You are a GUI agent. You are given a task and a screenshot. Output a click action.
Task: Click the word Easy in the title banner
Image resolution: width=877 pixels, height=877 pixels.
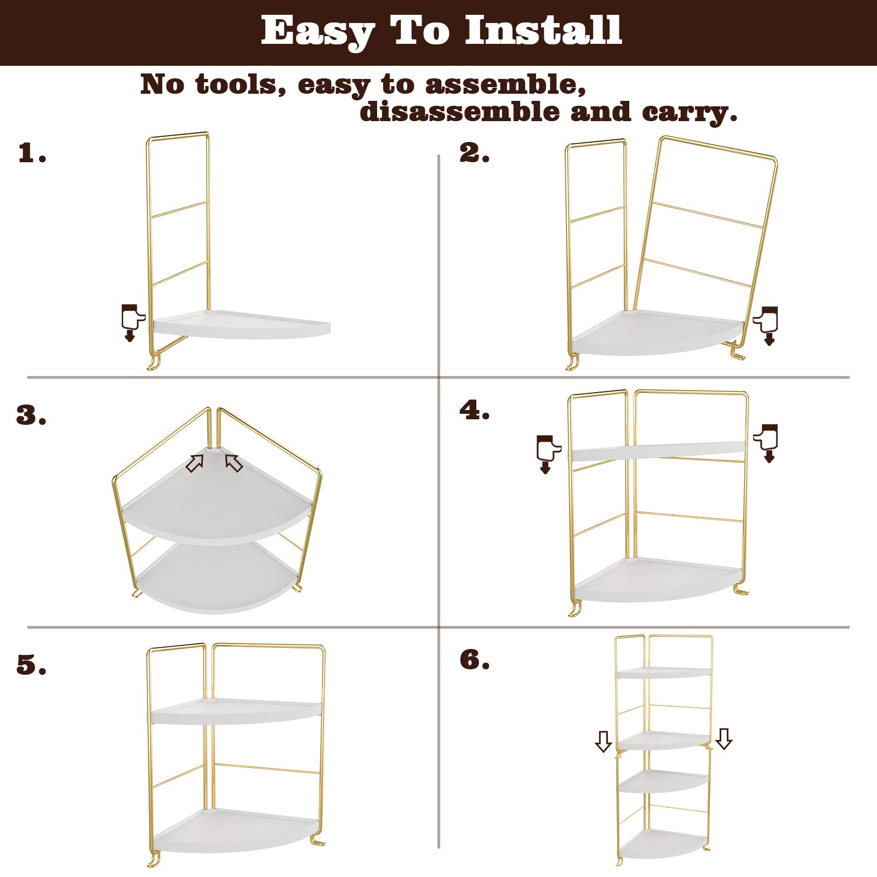click(316, 31)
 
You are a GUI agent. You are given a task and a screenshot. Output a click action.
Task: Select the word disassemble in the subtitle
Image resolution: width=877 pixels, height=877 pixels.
click(460, 112)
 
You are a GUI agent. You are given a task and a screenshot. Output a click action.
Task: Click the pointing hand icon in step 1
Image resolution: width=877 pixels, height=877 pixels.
click(132, 321)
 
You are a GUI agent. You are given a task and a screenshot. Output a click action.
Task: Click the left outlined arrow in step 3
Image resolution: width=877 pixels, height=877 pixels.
click(195, 464)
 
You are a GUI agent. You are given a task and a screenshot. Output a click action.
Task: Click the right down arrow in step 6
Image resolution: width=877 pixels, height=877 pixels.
click(725, 739)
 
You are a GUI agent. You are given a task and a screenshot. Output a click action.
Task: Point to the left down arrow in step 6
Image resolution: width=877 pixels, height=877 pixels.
click(603, 742)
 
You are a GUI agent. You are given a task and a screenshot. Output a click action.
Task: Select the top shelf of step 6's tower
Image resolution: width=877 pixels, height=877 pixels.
click(663, 673)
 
